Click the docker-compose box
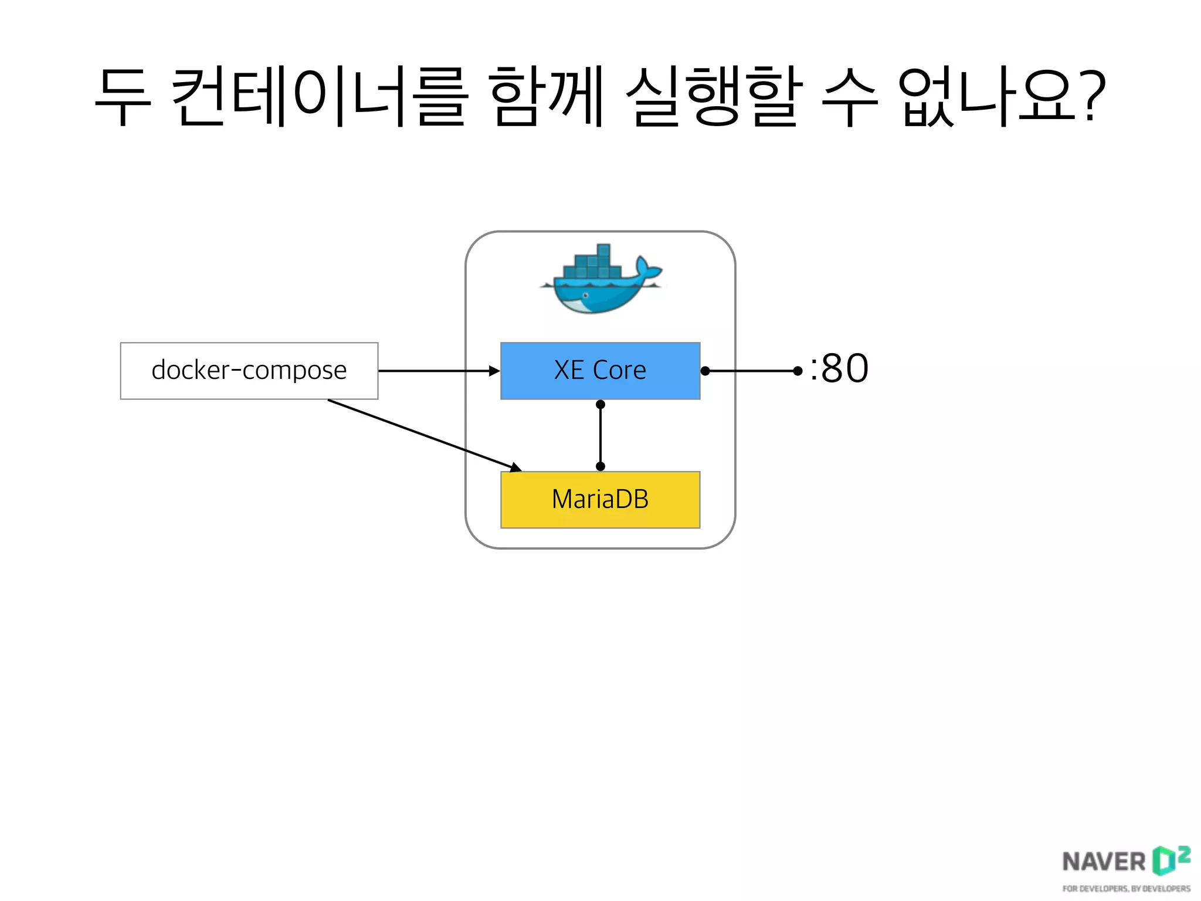249,371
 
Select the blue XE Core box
600,371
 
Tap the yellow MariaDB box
600,500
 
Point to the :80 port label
840,370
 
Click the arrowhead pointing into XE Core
494,371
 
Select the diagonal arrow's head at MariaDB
515,468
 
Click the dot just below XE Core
600,405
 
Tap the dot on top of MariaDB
600,466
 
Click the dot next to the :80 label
797,371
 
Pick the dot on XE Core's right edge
705,371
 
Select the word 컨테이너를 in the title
320,97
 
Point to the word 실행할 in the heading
714,97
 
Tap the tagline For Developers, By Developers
1126,889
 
